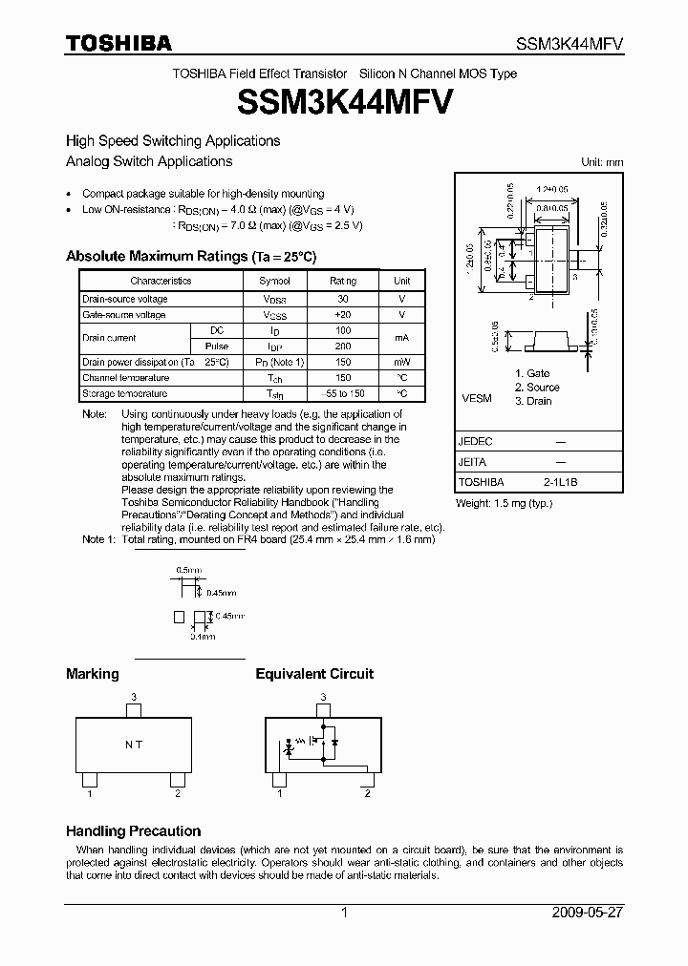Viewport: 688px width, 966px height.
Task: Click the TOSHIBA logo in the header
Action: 118,43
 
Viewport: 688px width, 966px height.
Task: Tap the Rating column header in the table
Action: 343,282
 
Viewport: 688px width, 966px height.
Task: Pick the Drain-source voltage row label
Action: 124,299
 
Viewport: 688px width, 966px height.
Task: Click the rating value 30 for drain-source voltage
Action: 343,299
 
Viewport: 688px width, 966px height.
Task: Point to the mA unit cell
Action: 402,338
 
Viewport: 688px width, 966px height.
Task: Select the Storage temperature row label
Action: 125,393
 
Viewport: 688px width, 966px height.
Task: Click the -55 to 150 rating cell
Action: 343,393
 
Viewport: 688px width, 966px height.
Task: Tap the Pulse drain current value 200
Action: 343,346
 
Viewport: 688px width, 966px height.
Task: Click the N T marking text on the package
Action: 133,745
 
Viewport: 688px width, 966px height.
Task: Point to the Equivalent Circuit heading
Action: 314,674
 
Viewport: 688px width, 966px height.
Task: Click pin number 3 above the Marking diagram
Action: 134,697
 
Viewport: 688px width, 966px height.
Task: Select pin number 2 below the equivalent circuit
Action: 367,793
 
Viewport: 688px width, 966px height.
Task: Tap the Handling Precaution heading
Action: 133,831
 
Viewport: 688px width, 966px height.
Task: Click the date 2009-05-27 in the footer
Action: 588,913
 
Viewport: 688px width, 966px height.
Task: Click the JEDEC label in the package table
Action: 476,441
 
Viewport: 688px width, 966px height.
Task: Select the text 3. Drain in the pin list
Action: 533,401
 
